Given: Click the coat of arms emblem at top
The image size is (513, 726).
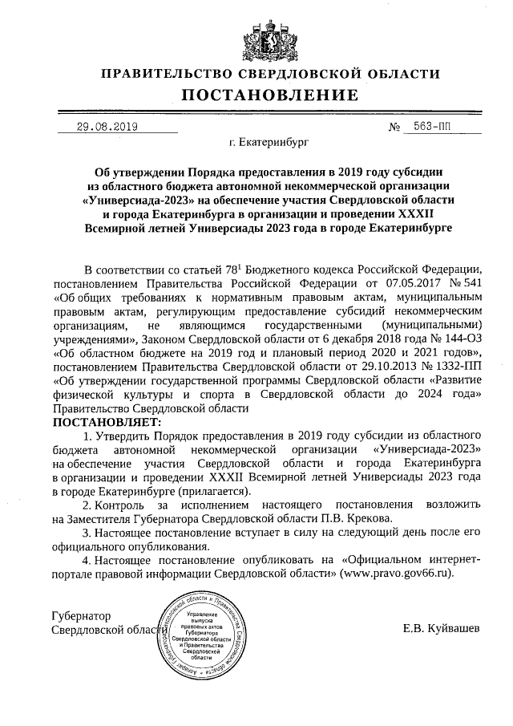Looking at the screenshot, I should [x=256, y=34].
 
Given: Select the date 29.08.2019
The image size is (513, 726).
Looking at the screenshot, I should [x=107, y=127].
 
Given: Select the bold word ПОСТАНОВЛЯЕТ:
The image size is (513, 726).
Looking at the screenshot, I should [x=107, y=421].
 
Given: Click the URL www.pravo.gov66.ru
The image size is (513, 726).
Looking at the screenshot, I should [x=396, y=574].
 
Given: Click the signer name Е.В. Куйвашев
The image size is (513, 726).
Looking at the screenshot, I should [x=442, y=629].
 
